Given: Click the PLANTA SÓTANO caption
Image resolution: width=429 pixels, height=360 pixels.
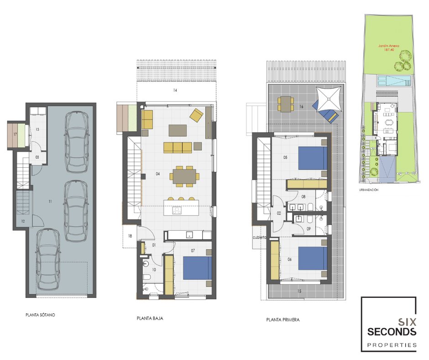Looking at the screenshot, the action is pos(40,315).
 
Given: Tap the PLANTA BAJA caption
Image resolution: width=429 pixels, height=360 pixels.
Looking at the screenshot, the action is pos(150,318).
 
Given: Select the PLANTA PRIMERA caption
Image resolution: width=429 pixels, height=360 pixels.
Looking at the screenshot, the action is pos(283,320).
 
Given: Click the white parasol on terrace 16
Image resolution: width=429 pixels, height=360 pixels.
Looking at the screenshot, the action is pos(329,99).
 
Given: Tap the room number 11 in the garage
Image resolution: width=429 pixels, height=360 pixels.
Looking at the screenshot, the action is pos(50,201).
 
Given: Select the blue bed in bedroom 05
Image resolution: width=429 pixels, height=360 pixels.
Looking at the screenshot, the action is pos(313,158).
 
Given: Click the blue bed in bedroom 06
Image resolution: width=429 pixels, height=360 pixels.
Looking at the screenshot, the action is pos(313,259).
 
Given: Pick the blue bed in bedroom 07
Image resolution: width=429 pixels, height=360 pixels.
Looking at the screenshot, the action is pos(197,268).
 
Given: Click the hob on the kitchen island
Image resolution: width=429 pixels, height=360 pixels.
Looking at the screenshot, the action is pos(177,210).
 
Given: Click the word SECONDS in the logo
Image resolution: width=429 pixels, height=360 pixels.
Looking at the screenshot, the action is pos(392,332).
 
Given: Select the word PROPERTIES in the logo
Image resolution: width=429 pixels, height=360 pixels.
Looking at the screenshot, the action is pos(392,345).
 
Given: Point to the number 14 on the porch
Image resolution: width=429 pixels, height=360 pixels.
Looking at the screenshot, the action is pos(175,90).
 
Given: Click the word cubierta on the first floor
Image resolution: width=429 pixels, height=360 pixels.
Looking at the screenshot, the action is pos(259,238).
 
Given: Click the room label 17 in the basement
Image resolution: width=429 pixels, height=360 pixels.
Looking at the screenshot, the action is pos(15,134).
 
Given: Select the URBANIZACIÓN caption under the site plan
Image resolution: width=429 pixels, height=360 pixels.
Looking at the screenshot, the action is pos(369,190).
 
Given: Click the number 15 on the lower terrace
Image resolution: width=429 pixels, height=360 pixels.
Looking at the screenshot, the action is pos(299,291).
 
